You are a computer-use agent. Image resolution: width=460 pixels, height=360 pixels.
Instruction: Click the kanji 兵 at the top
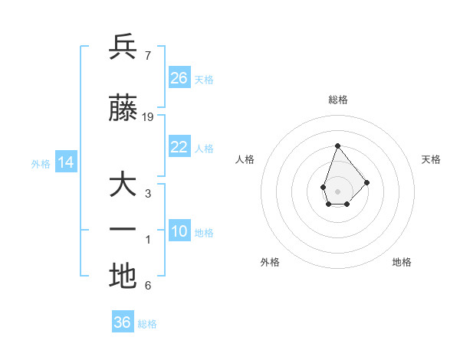pos(123,47)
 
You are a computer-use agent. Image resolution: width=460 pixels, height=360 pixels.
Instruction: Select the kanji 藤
pos(123,109)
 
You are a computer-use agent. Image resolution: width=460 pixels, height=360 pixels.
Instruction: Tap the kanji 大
pos(123,185)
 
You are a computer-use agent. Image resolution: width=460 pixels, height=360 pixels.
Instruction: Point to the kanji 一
pos(123,231)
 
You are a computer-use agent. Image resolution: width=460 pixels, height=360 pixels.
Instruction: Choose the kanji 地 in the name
pos(123,277)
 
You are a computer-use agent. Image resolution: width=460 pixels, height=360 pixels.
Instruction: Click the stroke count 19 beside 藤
pos(148,117)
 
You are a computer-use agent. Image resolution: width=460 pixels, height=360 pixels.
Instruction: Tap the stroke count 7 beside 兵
pos(147,56)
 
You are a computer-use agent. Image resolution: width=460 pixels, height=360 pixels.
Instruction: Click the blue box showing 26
pos(179,78)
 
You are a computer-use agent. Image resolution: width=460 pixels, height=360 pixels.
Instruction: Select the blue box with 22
pos(179,147)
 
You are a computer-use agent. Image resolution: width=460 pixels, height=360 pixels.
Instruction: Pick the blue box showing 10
pos(179,231)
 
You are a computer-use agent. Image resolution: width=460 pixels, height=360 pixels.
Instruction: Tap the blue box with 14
pos(65,162)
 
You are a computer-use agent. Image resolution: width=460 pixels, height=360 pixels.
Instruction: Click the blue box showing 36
pos(123,322)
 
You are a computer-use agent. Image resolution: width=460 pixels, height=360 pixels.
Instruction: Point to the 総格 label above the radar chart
pos(337,100)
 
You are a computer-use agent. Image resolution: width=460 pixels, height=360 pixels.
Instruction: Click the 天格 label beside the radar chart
pos(431,159)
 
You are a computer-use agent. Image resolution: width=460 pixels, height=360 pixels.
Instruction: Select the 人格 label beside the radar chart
pos(245,159)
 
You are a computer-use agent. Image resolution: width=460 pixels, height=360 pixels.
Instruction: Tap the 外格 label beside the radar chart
pos(270,262)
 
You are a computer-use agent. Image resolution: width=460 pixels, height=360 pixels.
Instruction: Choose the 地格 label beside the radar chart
pos(402,262)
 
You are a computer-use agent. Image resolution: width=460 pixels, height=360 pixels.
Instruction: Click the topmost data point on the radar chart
pos(337,146)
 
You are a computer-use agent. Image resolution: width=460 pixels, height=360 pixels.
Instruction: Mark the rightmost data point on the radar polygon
pos(367,182)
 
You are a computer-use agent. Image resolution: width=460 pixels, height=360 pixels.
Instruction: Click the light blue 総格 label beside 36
pos(148,324)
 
